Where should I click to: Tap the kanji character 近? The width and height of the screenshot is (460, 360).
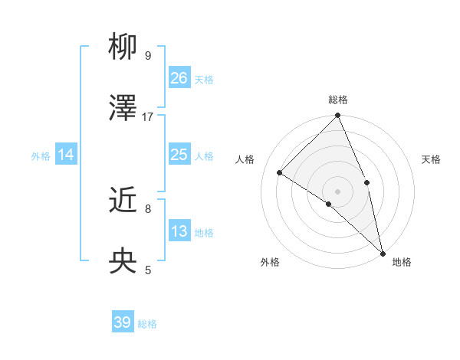click(123, 201)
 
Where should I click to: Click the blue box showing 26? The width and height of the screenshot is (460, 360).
click(179, 77)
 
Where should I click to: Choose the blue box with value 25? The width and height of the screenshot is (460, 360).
click(179, 155)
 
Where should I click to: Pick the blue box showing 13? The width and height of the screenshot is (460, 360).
click(179, 231)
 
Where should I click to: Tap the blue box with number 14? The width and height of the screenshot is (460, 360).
click(66, 155)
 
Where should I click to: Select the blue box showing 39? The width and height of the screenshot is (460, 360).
click(123, 322)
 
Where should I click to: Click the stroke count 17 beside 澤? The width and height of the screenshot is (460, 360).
click(148, 116)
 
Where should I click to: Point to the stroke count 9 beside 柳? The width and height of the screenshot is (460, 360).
click(148, 56)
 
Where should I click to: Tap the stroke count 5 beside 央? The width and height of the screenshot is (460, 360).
click(148, 270)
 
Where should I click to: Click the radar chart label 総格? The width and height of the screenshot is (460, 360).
click(337, 100)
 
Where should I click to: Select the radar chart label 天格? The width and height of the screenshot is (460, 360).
click(431, 160)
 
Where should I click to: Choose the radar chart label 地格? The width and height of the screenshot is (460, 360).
click(402, 262)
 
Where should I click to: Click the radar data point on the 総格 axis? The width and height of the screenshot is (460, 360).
click(337, 116)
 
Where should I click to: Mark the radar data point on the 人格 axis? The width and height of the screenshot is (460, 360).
click(280, 172)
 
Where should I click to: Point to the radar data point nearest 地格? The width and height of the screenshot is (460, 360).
click(383, 253)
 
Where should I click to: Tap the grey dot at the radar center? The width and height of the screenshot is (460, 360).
click(337, 191)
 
